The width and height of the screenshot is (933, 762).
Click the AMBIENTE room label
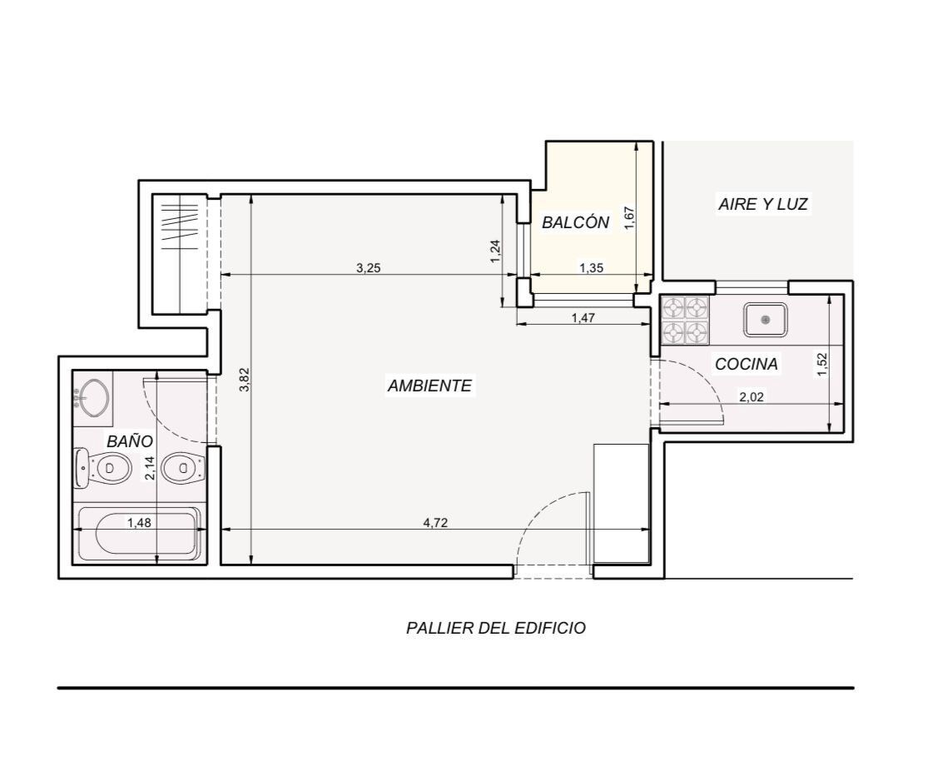click(429, 386)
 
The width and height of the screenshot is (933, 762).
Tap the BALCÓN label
click(575, 222)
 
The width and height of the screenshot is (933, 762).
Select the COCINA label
click(747, 364)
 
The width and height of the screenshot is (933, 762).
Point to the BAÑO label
click(130, 441)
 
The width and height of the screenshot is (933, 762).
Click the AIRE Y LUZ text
click(763, 204)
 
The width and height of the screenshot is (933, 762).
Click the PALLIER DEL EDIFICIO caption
click(496, 628)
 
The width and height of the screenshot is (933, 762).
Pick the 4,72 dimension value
click(435, 523)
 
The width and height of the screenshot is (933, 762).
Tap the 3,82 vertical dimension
click(244, 380)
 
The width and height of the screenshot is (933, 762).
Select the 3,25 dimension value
click(369, 268)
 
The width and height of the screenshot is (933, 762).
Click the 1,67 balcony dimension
click(630, 218)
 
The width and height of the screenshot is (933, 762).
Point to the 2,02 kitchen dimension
click(751, 397)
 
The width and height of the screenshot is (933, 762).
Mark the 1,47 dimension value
click(583, 318)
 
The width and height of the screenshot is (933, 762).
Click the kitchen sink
click(765, 320)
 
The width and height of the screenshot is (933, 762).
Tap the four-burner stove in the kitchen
click(686, 321)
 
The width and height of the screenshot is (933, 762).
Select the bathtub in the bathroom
click(140, 533)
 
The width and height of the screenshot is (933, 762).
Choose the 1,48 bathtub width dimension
click(139, 523)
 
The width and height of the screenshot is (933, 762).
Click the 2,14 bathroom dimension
click(149, 468)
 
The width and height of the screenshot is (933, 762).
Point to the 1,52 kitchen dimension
click(822, 364)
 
